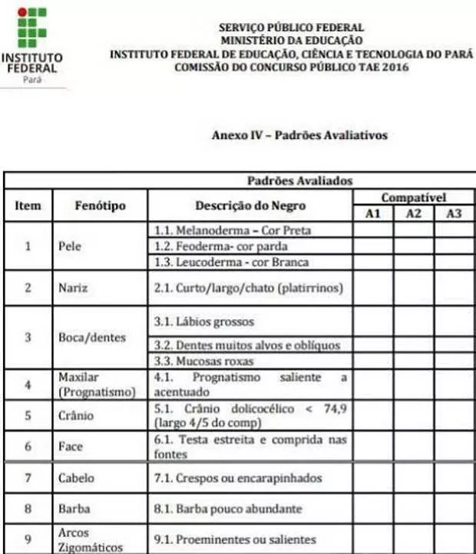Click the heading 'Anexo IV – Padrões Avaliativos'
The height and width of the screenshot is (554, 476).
(x=299, y=135)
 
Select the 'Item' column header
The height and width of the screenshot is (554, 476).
(x=28, y=206)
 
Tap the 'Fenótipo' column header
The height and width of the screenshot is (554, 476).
(x=100, y=206)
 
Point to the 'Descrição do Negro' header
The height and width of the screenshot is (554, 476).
(x=250, y=206)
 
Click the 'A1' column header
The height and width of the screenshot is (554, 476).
(x=373, y=213)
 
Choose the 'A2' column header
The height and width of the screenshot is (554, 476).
(x=414, y=213)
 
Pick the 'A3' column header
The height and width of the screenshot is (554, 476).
(x=454, y=213)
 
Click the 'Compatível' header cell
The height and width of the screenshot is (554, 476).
(x=414, y=197)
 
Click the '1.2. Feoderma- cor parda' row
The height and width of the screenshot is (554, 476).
(x=217, y=246)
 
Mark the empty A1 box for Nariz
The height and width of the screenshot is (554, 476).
(x=373, y=289)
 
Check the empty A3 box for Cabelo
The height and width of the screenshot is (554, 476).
(x=454, y=478)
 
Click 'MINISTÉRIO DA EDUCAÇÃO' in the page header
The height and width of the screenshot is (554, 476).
(x=292, y=40)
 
